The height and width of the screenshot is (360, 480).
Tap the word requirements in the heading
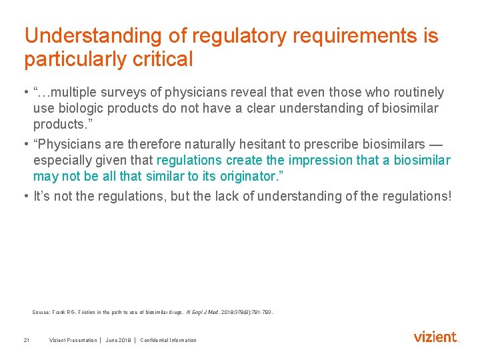pyautogui.click(x=337, y=36)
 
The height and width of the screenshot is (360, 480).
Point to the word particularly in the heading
pyautogui.click(x=74, y=59)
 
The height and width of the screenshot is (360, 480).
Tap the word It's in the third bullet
pyautogui.click(x=43, y=196)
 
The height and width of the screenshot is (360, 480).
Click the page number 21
pyautogui.click(x=26, y=340)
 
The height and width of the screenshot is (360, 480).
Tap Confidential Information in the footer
pyautogui.click(x=168, y=340)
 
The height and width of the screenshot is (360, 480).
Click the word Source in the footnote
pyautogui.click(x=41, y=312)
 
